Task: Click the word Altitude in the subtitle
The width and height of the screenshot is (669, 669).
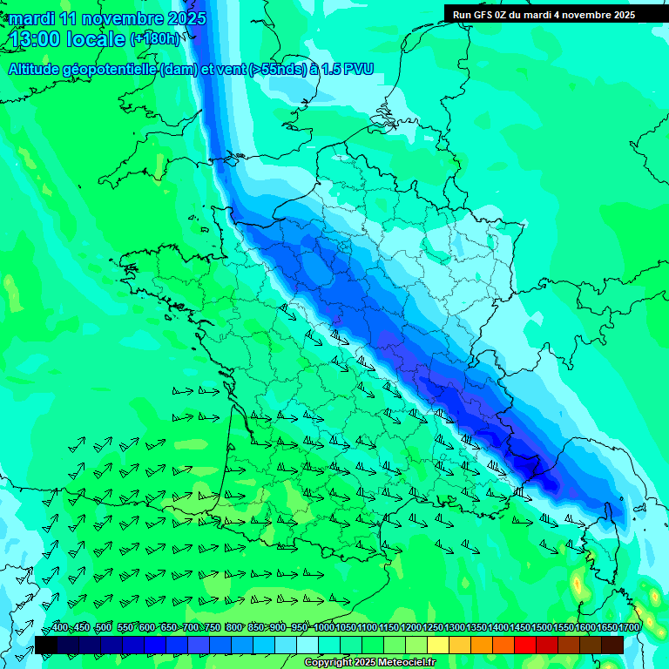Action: click(x=33, y=70)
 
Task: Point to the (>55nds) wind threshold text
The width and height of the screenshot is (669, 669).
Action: click(x=277, y=70)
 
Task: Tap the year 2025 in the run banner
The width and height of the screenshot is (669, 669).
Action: click(x=620, y=15)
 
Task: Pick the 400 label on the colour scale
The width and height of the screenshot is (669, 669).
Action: click(x=60, y=628)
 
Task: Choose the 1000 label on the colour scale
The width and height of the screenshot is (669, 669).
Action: click(x=324, y=628)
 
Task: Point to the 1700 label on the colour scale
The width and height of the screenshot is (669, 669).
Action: click(x=629, y=628)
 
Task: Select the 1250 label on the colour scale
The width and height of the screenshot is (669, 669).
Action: click(x=433, y=628)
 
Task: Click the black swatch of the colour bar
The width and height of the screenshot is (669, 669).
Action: click(x=46, y=645)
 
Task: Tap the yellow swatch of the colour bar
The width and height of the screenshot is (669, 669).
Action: click(x=438, y=645)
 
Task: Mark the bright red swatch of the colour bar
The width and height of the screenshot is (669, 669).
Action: click(x=525, y=645)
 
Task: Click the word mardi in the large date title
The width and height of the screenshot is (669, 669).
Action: click(x=30, y=18)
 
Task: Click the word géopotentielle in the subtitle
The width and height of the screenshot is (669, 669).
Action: click(x=109, y=70)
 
